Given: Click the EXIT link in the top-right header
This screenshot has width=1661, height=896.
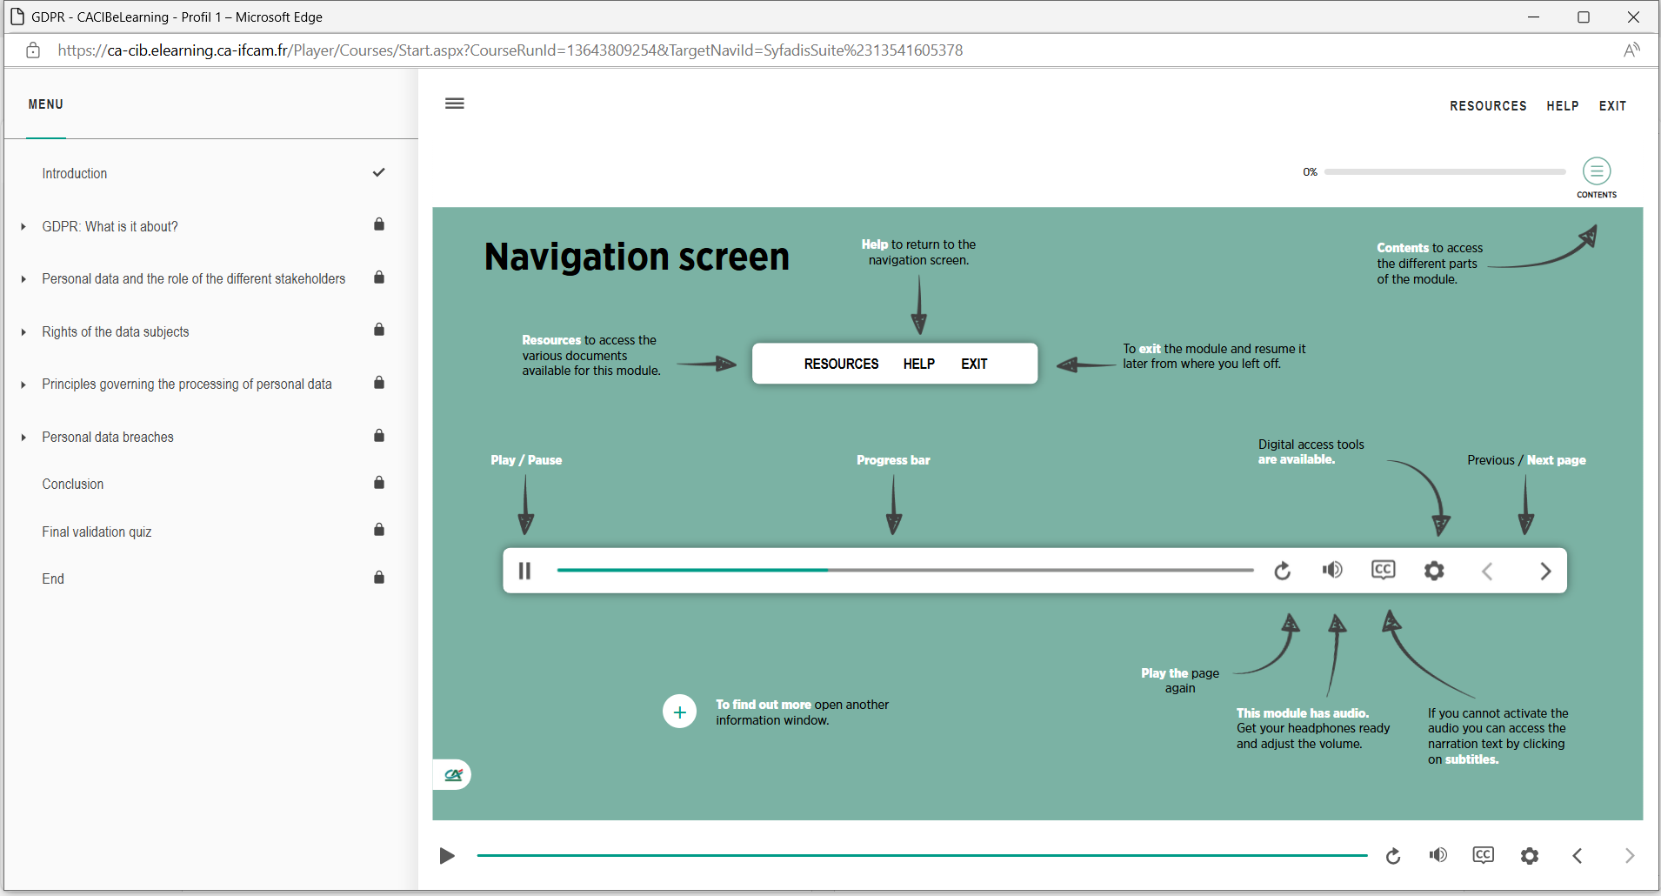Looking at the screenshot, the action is (1612, 106).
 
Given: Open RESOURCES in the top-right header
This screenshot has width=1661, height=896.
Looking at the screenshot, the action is (1488, 106).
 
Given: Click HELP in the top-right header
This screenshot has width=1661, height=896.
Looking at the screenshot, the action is (1563, 106).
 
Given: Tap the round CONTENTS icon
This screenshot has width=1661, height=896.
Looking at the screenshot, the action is (1597, 171).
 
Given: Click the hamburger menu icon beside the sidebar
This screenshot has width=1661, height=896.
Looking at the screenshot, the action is (455, 104).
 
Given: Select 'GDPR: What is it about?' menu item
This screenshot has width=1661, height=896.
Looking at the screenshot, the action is (110, 226).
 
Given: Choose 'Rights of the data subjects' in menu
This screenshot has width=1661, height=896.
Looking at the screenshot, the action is (116, 331).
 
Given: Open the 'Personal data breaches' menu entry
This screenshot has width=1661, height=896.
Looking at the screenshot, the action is (108, 437).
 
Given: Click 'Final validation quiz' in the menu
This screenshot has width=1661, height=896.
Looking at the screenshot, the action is (97, 532).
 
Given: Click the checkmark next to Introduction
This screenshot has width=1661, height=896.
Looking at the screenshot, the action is (378, 172).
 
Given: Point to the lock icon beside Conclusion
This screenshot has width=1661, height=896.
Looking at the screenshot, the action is (379, 482).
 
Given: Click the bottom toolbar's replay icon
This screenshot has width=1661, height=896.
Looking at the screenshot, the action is (1393, 856).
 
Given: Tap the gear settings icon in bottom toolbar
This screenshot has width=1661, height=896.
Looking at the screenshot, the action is (1530, 856).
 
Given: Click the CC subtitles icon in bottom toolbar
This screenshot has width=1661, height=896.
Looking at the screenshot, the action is (1484, 855).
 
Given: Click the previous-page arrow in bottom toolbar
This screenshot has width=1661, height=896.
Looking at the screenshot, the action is (1578, 856).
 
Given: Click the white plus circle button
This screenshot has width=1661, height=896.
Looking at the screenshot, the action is (679, 712).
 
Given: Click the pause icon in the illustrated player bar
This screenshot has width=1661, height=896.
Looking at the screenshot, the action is (524, 571).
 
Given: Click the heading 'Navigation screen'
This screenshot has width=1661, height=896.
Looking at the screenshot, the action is (637, 257).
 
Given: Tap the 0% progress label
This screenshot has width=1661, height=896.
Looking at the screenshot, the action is (1310, 172).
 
